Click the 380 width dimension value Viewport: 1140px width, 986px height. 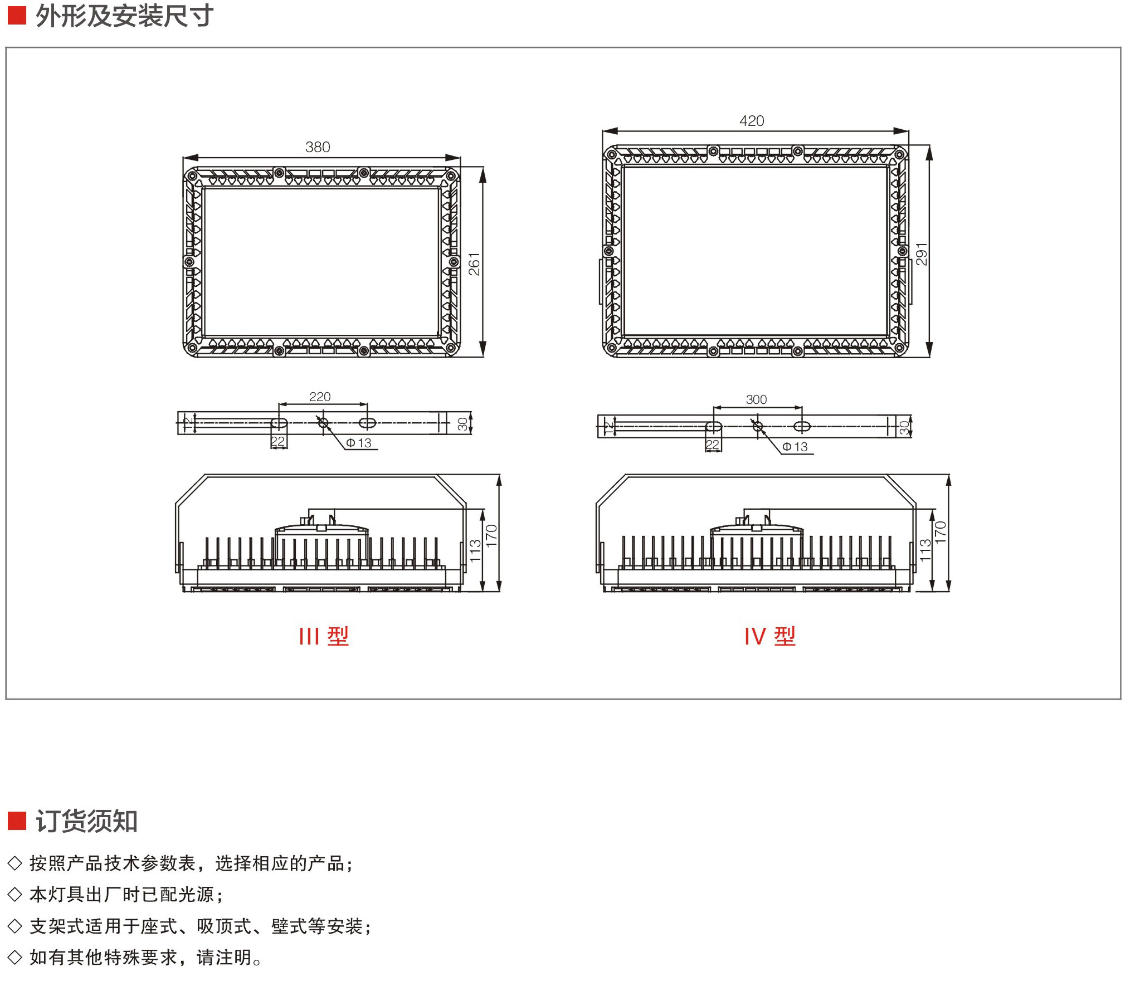pyautogui.click(x=318, y=147)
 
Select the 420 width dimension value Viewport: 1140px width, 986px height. pyautogui.click(x=752, y=121)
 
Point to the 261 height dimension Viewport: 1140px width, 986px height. pyautogui.click(x=474, y=264)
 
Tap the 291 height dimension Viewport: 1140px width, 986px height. pyautogui.click(x=922, y=254)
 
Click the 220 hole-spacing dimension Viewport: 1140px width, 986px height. pyautogui.click(x=320, y=397)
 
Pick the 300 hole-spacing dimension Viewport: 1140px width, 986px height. pyautogui.click(x=756, y=399)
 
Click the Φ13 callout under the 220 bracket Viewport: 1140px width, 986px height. pyautogui.click(x=359, y=443)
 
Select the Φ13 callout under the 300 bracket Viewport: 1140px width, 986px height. pyautogui.click(x=795, y=447)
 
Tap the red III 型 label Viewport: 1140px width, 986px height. pyautogui.click(x=324, y=636)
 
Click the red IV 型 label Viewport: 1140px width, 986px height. pyautogui.click(x=770, y=636)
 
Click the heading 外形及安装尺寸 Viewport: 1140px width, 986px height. pyautogui.click(x=124, y=16)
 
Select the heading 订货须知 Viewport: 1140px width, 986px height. pyautogui.click(x=86, y=821)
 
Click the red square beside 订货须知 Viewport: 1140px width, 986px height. pyautogui.click(x=17, y=821)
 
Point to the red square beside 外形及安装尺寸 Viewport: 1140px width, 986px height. pyautogui.click(x=17, y=16)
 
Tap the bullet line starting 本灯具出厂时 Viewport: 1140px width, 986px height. pyautogui.click(x=126, y=895)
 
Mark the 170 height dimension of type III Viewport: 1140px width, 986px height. pyautogui.click(x=491, y=535)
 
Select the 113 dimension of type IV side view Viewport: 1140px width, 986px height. pyautogui.click(x=925, y=550)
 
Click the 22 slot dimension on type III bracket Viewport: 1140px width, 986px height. pyautogui.click(x=277, y=442)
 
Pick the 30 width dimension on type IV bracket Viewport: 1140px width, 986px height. pyautogui.click(x=904, y=427)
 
